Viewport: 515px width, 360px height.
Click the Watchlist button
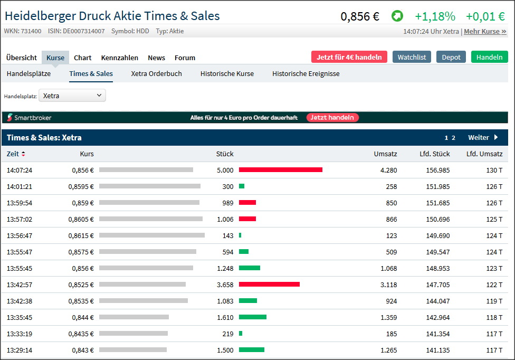click(x=412, y=57)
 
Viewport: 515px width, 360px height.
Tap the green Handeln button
click(x=489, y=57)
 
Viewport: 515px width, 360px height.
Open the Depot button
click(x=451, y=57)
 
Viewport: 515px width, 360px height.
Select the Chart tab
click(x=82, y=58)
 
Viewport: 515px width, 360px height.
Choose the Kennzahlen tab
click(x=120, y=58)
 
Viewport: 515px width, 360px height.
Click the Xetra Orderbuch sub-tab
click(x=156, y=73)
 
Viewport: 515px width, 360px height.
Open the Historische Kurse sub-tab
click(x=227, y=73)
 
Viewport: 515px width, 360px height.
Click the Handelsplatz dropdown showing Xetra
click(x=72, y=96)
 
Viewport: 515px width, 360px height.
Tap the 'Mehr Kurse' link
click(x=485, y=31)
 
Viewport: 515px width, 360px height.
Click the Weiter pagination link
click(x=483, y=138)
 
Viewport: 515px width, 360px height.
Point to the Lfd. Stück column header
click(x=435, y=154)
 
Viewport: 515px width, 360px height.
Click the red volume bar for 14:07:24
click(x=280, y=170)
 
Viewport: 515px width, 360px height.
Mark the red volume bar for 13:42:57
click(x=269, y=284)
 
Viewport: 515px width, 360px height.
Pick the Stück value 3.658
click(x=225, y=285)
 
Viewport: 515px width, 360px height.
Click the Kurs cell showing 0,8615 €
click(x=83, y=235)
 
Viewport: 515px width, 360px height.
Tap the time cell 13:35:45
click(x=20, y=317)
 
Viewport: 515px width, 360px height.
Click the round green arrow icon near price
click(x=397, y=16)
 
